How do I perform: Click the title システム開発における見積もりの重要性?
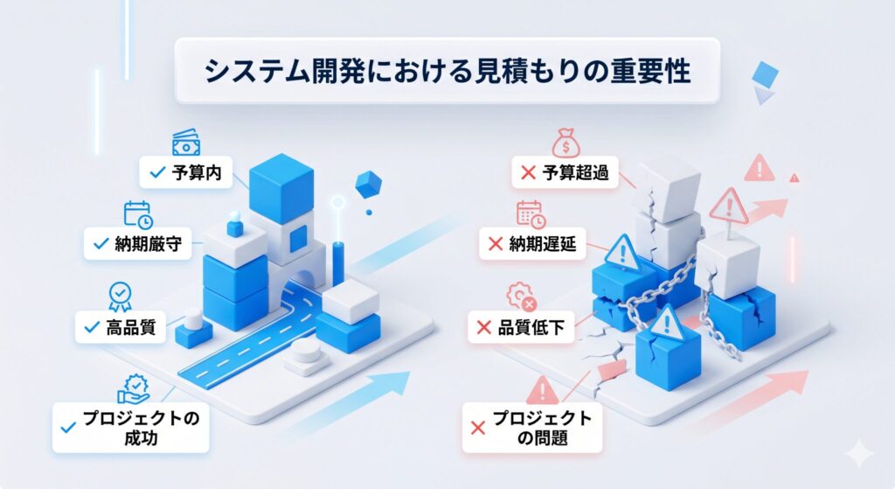[x=447, y=72]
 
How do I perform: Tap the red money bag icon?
[x=564, y=142]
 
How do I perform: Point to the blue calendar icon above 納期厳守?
[x=137, y=213]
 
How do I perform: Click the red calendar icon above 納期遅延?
[x=531, y=213]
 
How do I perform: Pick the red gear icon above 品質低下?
[x=520, y=296]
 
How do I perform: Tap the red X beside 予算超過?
[x=528, y=173]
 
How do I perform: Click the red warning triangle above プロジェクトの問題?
[x=542, y=389]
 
